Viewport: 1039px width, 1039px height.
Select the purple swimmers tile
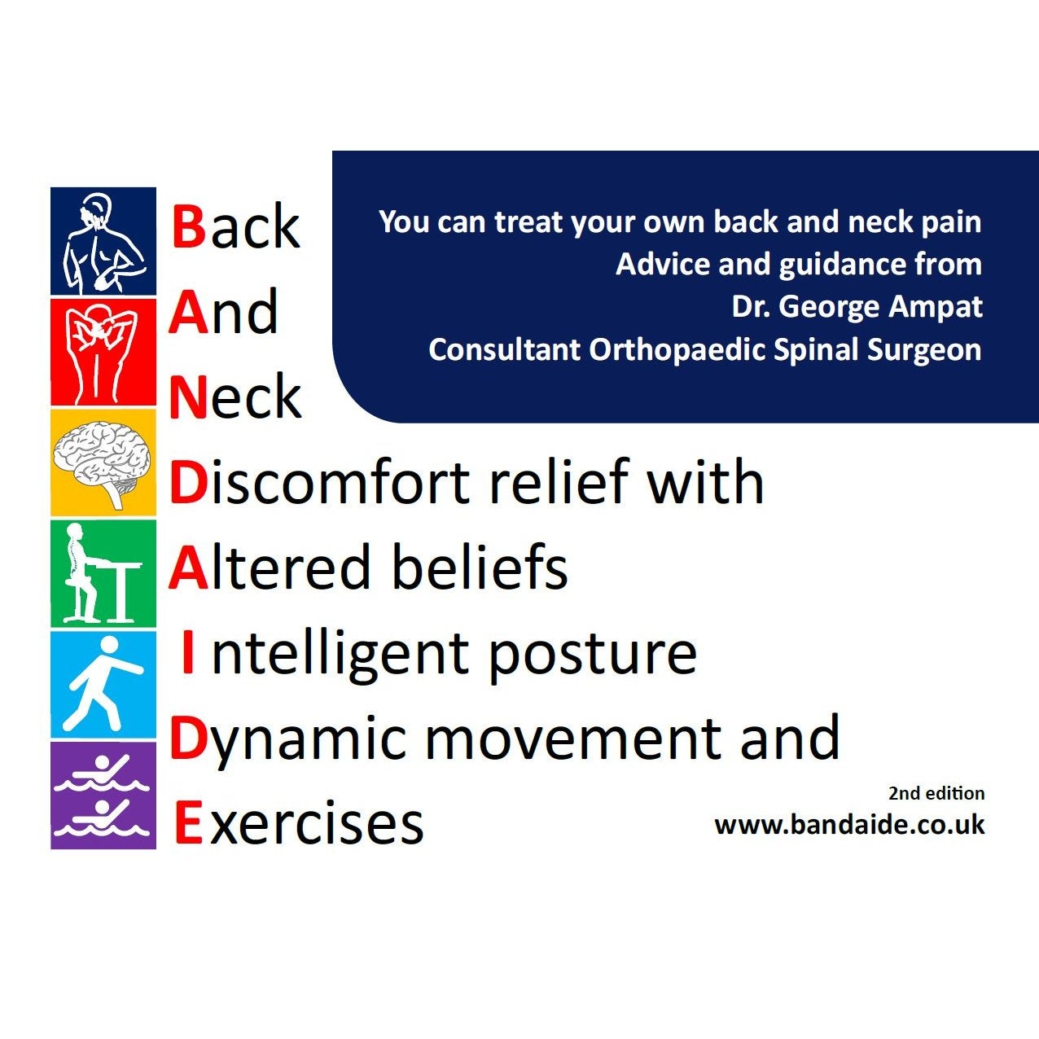[x=103, y=796]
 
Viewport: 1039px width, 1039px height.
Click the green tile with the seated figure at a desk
[x=103, y=573]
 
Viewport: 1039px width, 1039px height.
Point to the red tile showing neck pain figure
[x=103, y=352]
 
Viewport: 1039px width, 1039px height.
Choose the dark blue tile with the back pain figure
[x=103, y=241]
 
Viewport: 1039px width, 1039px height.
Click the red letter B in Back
[x=189, y=226]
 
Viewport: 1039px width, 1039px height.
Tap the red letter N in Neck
[x=187, y=397]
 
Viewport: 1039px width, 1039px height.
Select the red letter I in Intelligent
[x=187, y=652]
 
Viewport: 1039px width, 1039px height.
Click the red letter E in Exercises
[x=189, y=822]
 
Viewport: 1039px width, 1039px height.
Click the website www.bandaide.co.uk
[x=849, y=825]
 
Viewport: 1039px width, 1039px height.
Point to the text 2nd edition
[x=936, y=793]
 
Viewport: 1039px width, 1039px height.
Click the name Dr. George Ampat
[x=857, y=307]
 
